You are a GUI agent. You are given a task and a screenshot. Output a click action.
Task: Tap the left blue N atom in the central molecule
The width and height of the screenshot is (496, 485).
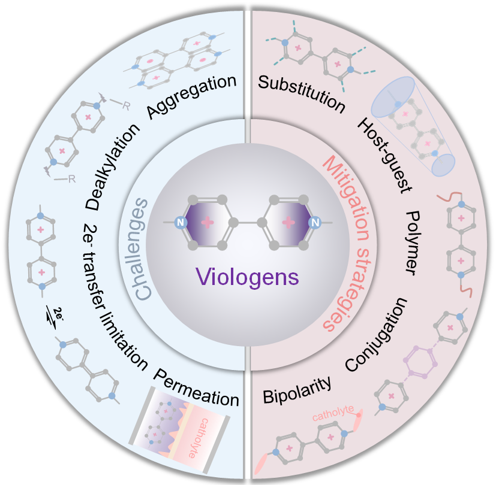coord(179,223)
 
